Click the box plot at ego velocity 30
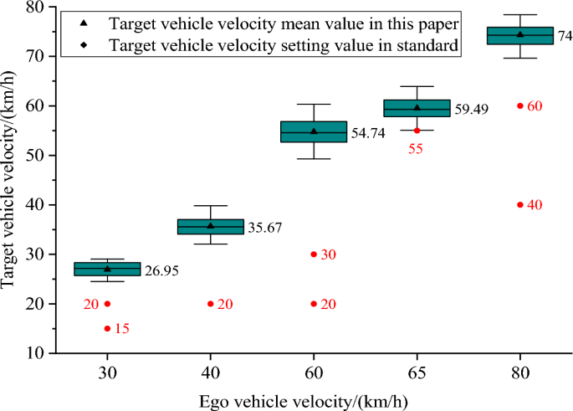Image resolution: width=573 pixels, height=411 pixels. click(107, 269)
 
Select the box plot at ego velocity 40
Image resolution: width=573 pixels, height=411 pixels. click(210, 226)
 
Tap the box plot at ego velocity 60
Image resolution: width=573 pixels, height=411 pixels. click(314, 131)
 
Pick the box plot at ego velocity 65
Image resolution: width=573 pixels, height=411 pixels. click(417, 108)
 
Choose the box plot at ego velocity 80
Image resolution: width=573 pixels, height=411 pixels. click(519, 35)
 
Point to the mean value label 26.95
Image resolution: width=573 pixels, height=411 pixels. click(161, 270)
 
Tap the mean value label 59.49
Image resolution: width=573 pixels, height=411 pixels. click(471, 109)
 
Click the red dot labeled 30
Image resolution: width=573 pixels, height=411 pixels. click(314, 254)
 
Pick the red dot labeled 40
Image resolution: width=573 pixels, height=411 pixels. click(519, 204)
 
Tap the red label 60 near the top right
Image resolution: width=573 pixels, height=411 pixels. click(535, 106)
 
